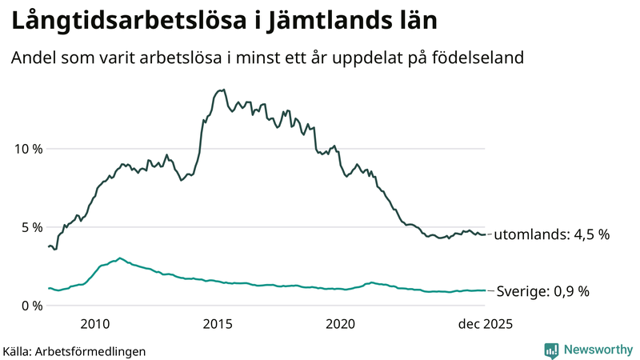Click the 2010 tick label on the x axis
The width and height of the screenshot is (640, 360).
pyautogui.click(x=95, y=324)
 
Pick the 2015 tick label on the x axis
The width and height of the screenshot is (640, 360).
pyautogui.click(x=218, y=324)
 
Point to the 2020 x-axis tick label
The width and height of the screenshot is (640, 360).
pyautogui.click(x=340, y=324)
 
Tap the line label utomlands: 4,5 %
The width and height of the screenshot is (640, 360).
pyautogui.click(x=551, y=235)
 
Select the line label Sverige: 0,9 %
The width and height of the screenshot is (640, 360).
pyautogui.click(x=543, y=291)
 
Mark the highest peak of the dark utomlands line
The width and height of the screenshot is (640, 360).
pyautogui.click(x=222, y=90)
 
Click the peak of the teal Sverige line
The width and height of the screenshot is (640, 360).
pyautogui.click(x=120, y=258)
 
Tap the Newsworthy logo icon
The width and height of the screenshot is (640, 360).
pyautogui.click(x=551, y=350)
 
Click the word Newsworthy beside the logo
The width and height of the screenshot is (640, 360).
pyautogui.click(x=598, y=350)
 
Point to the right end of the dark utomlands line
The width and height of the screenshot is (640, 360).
pyautogui.click(x=485, y=234)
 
